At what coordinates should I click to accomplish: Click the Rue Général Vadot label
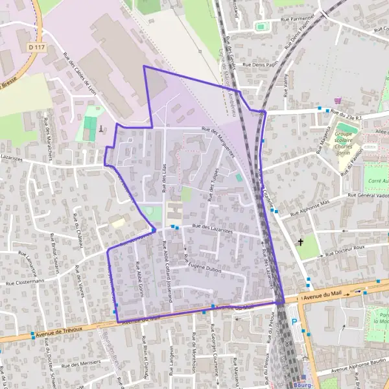368,194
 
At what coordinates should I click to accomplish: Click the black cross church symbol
300,242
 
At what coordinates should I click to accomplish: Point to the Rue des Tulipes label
211,176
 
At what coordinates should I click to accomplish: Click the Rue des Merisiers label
80,362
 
